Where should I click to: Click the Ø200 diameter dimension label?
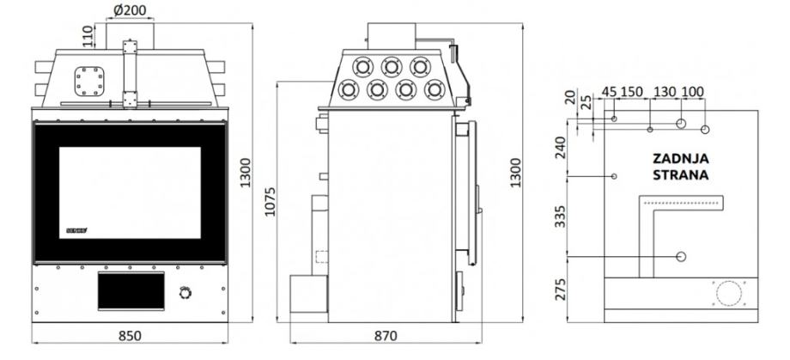coord(128,11)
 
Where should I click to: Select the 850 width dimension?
coord(129,335)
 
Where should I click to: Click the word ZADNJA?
coord(680,159)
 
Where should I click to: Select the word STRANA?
coord(680,176)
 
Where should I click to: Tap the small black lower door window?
coord(130,292)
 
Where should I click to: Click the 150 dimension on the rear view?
coord(633,92)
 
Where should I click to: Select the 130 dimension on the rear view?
coord(665,92)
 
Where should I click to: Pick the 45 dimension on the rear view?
coord(609,92)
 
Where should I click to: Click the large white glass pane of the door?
coord(130,191)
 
